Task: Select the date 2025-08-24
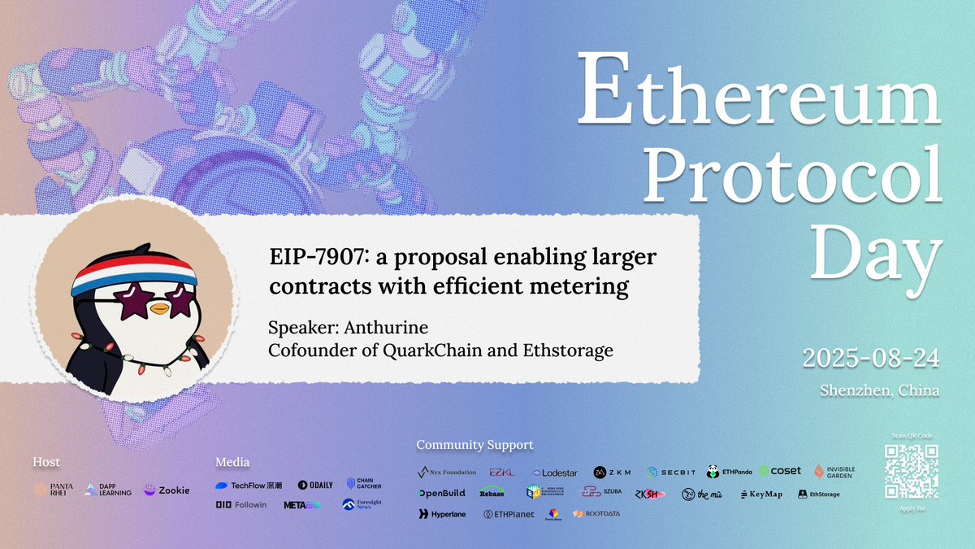(870, 358)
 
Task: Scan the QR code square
(910, 472)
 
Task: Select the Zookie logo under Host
(167, 490)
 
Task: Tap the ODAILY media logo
(315, 485)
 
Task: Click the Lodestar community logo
(555, 472)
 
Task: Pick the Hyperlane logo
(443, 514)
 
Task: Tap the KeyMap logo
(761, 494)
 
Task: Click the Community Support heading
(474, 445)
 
